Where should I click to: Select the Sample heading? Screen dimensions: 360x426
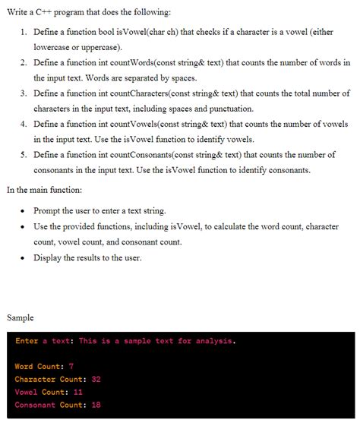coord(20,317)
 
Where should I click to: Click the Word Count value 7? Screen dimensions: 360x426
coord(71,367)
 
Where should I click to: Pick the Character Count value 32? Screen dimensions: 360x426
coord(96,380)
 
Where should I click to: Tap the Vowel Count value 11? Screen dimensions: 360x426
coord(78,393)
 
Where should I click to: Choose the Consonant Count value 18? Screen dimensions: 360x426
coord(96,405)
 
